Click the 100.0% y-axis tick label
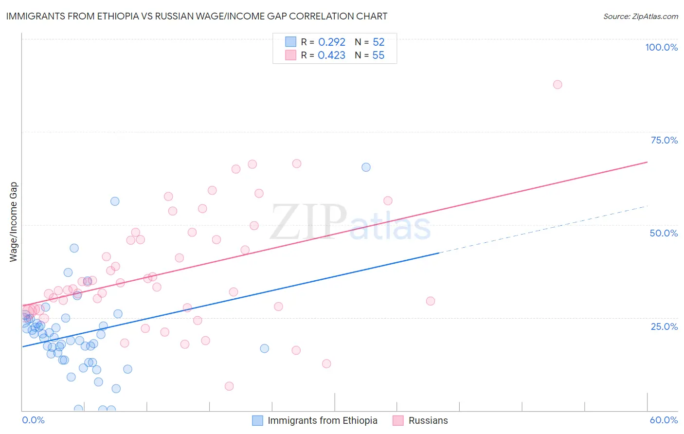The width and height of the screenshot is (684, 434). pos(661,47)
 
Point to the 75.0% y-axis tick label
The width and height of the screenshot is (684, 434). pos(664,140)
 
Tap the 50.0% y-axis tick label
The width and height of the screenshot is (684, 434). pos(664,233)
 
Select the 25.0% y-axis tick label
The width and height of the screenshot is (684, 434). pos(664,326)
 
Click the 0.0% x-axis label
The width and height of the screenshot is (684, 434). pos(33,420)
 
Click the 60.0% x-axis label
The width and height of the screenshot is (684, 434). pos(664,420)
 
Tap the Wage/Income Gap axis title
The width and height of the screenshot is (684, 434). pos(14,222)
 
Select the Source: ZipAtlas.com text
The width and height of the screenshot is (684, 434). pos(640,17)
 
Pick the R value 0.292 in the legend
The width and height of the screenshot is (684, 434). pos(331,42)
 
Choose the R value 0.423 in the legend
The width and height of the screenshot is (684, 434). pos(331,55)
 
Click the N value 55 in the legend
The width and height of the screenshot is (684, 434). pos(378,55)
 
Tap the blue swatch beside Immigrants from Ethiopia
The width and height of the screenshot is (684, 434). pos(257,420)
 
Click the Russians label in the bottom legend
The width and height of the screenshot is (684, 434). pos(428,420)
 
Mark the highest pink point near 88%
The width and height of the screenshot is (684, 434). pos(558,85)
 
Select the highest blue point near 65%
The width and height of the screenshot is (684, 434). pos(366,167)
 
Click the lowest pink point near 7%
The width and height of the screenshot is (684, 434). pos(229,386)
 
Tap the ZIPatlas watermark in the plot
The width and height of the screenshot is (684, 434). pos(350,223)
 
